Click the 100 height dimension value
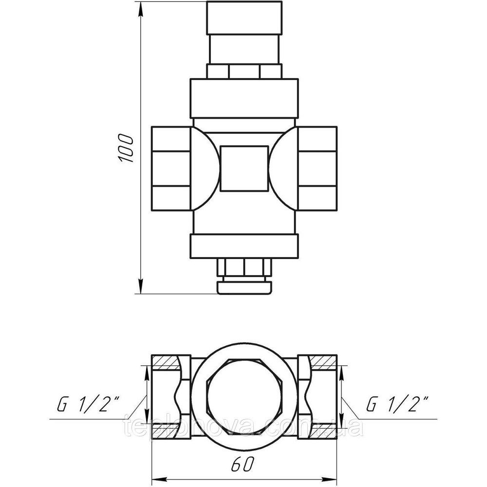(125, 147)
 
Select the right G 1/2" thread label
(397, 404)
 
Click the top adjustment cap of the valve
(244, 19)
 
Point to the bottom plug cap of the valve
(244, 286)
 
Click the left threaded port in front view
(170, 168)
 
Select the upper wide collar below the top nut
(244, 98)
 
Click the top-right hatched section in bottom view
(323, 361)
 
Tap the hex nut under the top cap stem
(244, 72)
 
